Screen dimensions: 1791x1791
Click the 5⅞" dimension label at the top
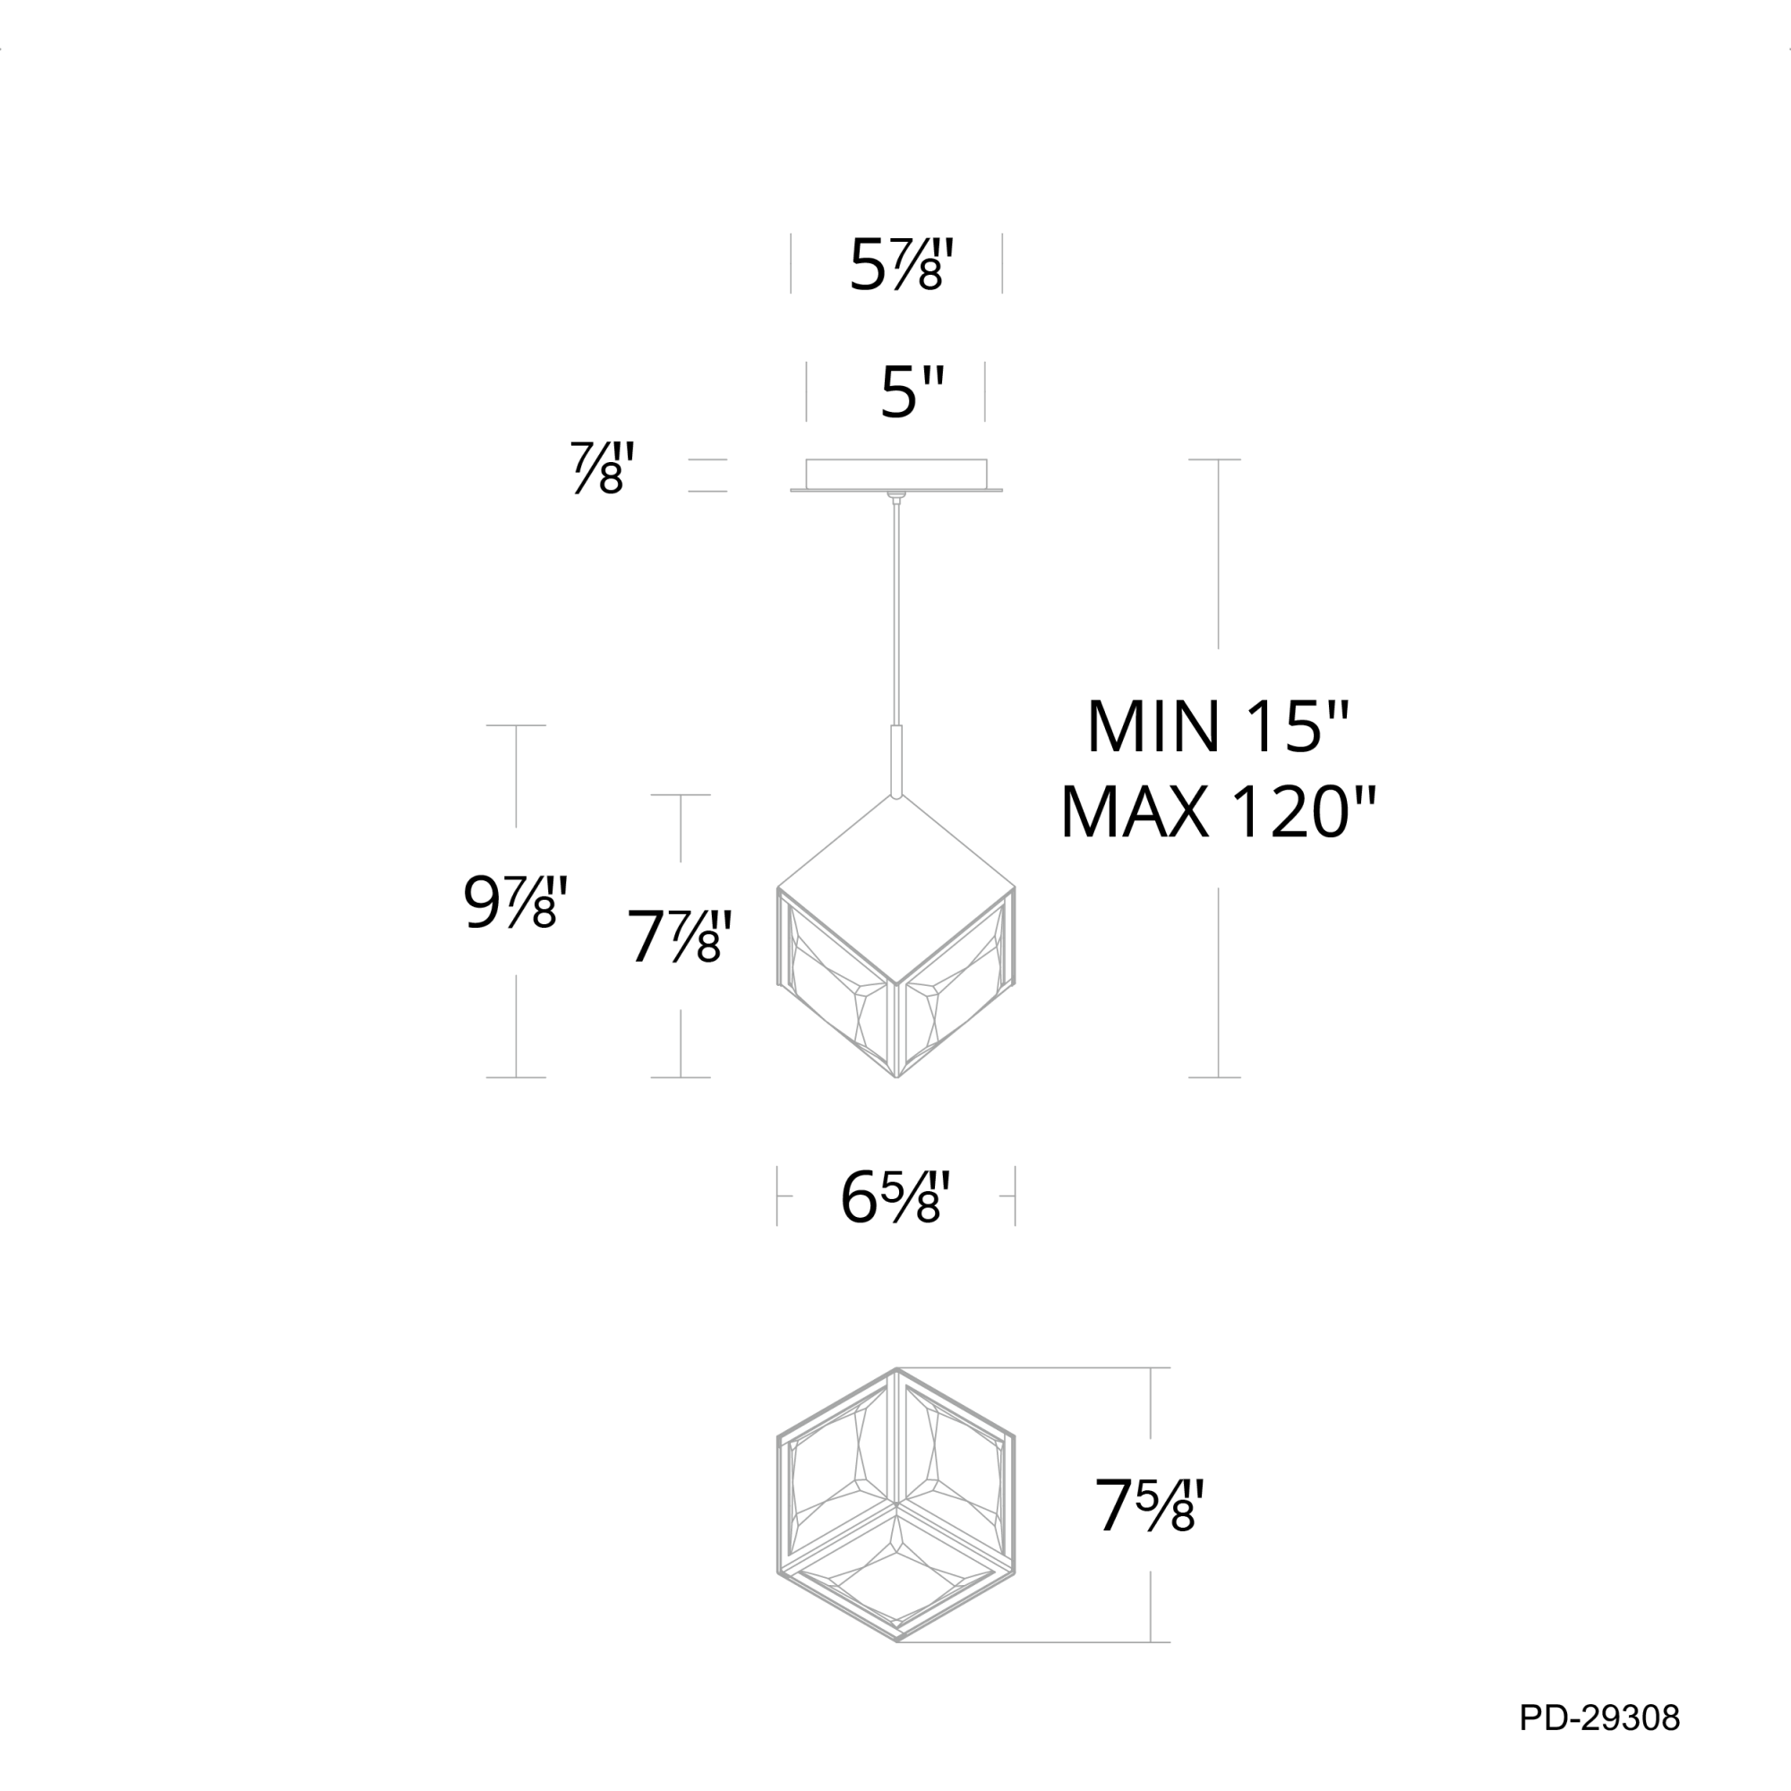(901, 265)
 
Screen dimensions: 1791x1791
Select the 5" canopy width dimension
(913, 392)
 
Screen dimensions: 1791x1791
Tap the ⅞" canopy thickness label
(603, 468)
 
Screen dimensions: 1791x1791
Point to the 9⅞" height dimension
(515, 902)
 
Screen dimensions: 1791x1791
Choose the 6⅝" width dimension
(895, 1196)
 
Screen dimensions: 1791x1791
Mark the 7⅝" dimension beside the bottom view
(1149, 1505)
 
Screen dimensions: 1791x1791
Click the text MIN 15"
(1218, 727)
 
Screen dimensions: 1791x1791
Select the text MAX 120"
(1218, 812)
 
